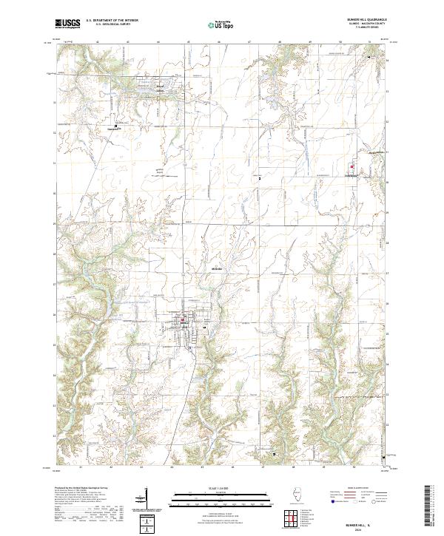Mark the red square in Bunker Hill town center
181,320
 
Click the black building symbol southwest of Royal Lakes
115,126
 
